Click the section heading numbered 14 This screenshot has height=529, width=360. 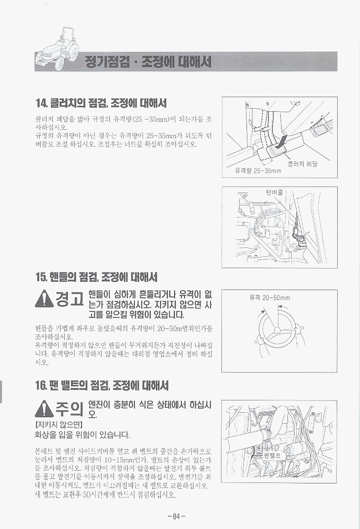pos(101,103)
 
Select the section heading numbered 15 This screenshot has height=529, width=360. pos(96,277)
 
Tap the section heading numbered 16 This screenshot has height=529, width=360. pos(102,385)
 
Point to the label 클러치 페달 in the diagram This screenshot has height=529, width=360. pos(303,164)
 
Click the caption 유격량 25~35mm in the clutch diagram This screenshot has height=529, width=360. pos(258,171)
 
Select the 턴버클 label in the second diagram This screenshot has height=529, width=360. pos(274,192)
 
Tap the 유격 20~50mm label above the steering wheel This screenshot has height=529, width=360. pos(270,297)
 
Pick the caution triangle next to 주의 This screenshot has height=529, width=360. pos(43,409)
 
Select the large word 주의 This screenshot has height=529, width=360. pos(69,409)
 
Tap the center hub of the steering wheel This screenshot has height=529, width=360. pos(277,330)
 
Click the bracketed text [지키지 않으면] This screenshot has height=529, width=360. pos(59,424)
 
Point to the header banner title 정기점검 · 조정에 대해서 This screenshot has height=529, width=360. pos(149,62)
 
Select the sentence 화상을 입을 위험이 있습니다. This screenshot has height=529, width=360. pos(82,434)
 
